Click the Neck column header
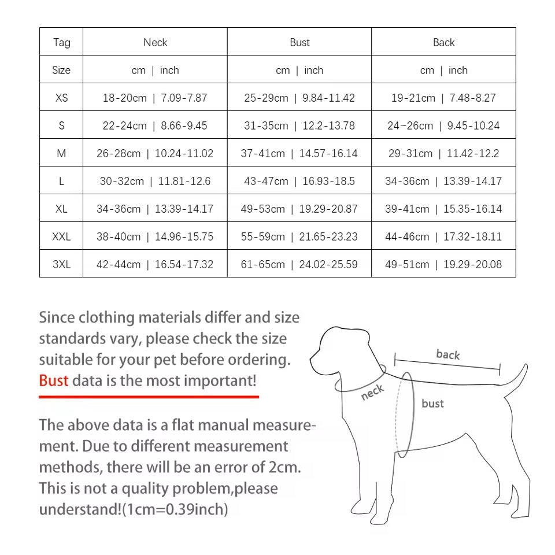click(155, 42)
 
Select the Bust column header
click(299, 42)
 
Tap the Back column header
click(443, 42)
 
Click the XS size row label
click(61, 98)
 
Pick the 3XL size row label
click(61, 264)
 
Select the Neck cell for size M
click(155, 153)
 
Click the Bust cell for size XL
click(299, 209)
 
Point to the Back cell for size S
click(443, 125)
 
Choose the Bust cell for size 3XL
click(299, 264)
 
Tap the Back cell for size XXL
click(443, 236)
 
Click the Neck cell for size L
click(155, 181)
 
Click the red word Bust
click(53, 380)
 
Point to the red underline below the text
click(149, 397)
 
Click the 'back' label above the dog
click(448, 354)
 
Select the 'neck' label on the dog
click(372, 393)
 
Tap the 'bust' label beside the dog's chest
click(432, 404)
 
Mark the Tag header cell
click(61, 42)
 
